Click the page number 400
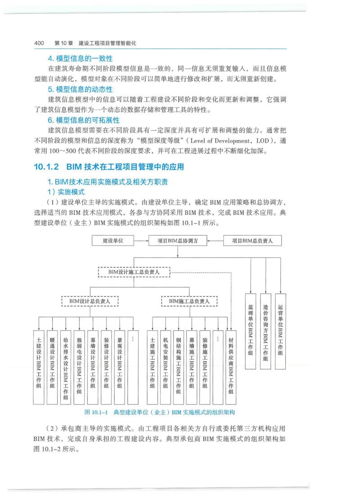tap(38, 43)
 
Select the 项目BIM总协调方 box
tap(179, 241)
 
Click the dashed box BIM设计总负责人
tap(90, 301)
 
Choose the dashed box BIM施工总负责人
tap(189, 301)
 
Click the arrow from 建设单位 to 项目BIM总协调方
tap(142, 241)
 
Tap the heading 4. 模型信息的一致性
tap(80, 59)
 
